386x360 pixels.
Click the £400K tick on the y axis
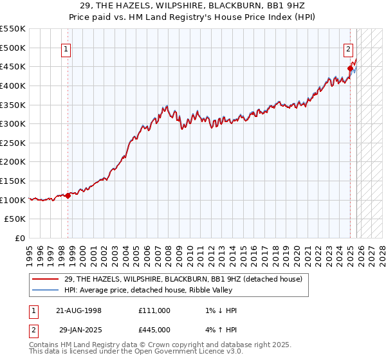13,85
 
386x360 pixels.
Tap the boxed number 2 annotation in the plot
348,48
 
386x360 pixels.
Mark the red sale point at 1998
68,195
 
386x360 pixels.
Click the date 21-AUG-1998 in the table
79,310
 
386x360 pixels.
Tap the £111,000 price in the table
154,310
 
